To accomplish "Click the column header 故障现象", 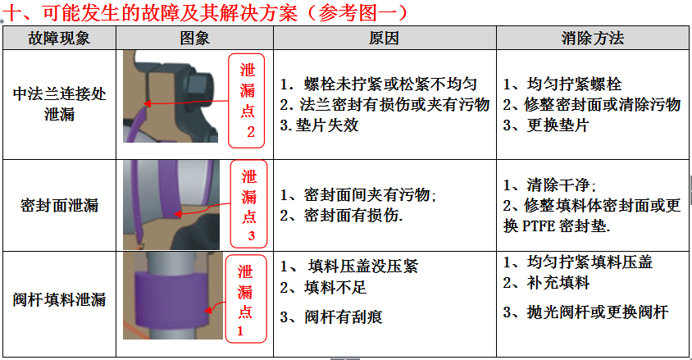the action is coord(59,39).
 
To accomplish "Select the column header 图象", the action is coord(194,39).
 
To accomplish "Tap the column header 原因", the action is coord(384,39).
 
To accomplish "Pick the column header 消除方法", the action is coord(593,39).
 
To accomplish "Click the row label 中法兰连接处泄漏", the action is coord(59,104).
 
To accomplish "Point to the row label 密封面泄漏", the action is coord(59,205).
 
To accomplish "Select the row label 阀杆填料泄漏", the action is coord(59,299).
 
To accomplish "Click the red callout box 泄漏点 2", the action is coord(247,101).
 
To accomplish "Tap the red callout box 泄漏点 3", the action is coord(249,204).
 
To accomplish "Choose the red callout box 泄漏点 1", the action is coord(246,298).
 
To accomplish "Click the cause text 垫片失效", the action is coord(327,125).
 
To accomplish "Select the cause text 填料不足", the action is coord(335,288).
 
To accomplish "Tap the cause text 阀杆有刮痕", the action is coord(344,317).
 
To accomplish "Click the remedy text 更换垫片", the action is coord(558,125).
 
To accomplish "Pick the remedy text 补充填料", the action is coord(558,282).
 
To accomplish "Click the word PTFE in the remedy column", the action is coord(539,226).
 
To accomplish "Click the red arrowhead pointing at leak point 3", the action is coord(177,214).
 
